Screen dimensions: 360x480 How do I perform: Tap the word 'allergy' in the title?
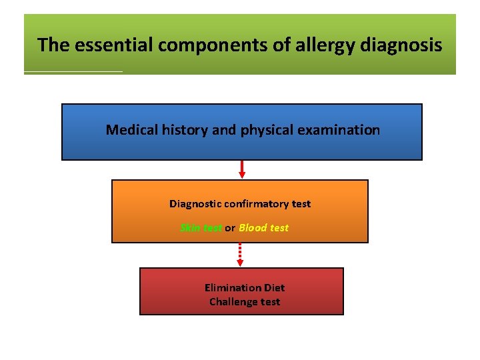tap(303, 45)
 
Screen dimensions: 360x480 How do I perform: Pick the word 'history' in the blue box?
tap(185, 130)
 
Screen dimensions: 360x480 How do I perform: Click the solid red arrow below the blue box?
tap(242, 169)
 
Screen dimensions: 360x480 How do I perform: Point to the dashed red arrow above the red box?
tap(241, 255)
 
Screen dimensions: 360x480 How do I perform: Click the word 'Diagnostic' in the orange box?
tap(195, 204)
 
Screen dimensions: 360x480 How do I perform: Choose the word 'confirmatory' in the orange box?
tap(254, 204)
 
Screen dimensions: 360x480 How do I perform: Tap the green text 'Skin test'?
tap(201, 228)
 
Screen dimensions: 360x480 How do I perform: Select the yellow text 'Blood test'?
tap(264, 228)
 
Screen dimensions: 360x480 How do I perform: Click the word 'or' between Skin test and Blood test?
tap(230, 228)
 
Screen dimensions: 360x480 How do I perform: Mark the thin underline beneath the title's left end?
tap(73, 71)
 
